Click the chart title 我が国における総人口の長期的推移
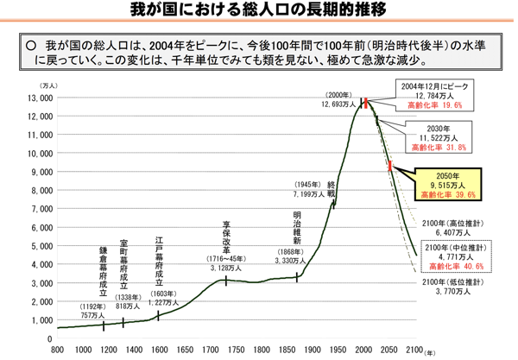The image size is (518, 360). (258, 10)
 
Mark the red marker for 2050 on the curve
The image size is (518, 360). (390, 167)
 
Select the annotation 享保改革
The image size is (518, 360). (226, 237)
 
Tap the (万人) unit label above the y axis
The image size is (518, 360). (48, 85)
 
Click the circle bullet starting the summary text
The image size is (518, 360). (30, 44)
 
